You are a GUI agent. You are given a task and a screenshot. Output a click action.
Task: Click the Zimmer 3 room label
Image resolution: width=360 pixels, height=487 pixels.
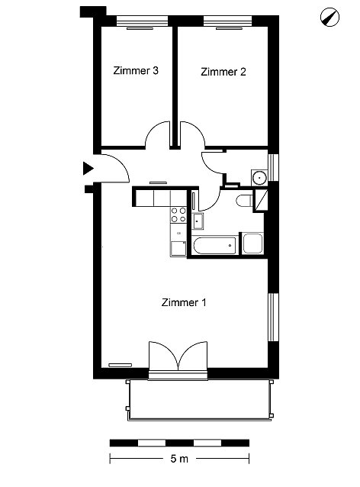(x=136, y=70)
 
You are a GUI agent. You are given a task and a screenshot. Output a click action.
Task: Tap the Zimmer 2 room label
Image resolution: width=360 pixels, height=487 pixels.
(x=223, y=72)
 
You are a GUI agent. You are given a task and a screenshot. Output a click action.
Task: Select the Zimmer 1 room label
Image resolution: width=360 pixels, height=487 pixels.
(x=184, y=302)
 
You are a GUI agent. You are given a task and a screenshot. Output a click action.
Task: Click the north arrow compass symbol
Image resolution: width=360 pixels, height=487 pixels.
(x=329, y=17)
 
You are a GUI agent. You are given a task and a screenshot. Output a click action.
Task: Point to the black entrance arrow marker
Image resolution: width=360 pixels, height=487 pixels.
(x=88, y=169)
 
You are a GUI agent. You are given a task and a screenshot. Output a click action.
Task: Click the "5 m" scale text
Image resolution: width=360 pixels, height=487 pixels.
(x=179, y=459)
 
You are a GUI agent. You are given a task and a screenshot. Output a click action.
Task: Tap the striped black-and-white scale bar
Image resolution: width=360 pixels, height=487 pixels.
(x=179, y=443)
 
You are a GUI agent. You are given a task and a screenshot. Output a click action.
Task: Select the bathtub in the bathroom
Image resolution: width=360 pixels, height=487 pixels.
(x=215, y=245)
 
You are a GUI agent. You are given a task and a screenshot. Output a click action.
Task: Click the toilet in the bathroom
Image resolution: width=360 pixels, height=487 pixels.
(x=245, y=201)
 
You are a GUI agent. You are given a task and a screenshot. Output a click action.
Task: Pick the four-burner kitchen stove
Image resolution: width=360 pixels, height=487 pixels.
(x=178, y=215)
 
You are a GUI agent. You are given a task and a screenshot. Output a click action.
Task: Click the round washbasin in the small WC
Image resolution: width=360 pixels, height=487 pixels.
(x=259, y=178)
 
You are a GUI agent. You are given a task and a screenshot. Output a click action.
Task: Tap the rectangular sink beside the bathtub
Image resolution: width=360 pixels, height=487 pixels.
(x=198, y=221)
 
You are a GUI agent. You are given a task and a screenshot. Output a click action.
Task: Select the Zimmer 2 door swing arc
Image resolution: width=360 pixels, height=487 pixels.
(x=192, y=134)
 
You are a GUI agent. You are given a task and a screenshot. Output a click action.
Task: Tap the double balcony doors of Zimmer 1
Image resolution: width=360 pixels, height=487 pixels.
(x=178, y=356)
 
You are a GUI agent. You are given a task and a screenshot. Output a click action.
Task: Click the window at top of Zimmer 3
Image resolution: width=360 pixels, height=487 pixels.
(x=142, y=21)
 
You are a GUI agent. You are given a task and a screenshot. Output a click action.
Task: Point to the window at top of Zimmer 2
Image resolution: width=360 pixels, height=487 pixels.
(x=227, y=21)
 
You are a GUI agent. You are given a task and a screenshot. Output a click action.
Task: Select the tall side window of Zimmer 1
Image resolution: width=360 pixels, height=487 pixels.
(x=273, y=317)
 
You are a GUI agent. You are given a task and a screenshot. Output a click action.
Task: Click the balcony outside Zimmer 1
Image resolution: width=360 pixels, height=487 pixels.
(x=200, y=400)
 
